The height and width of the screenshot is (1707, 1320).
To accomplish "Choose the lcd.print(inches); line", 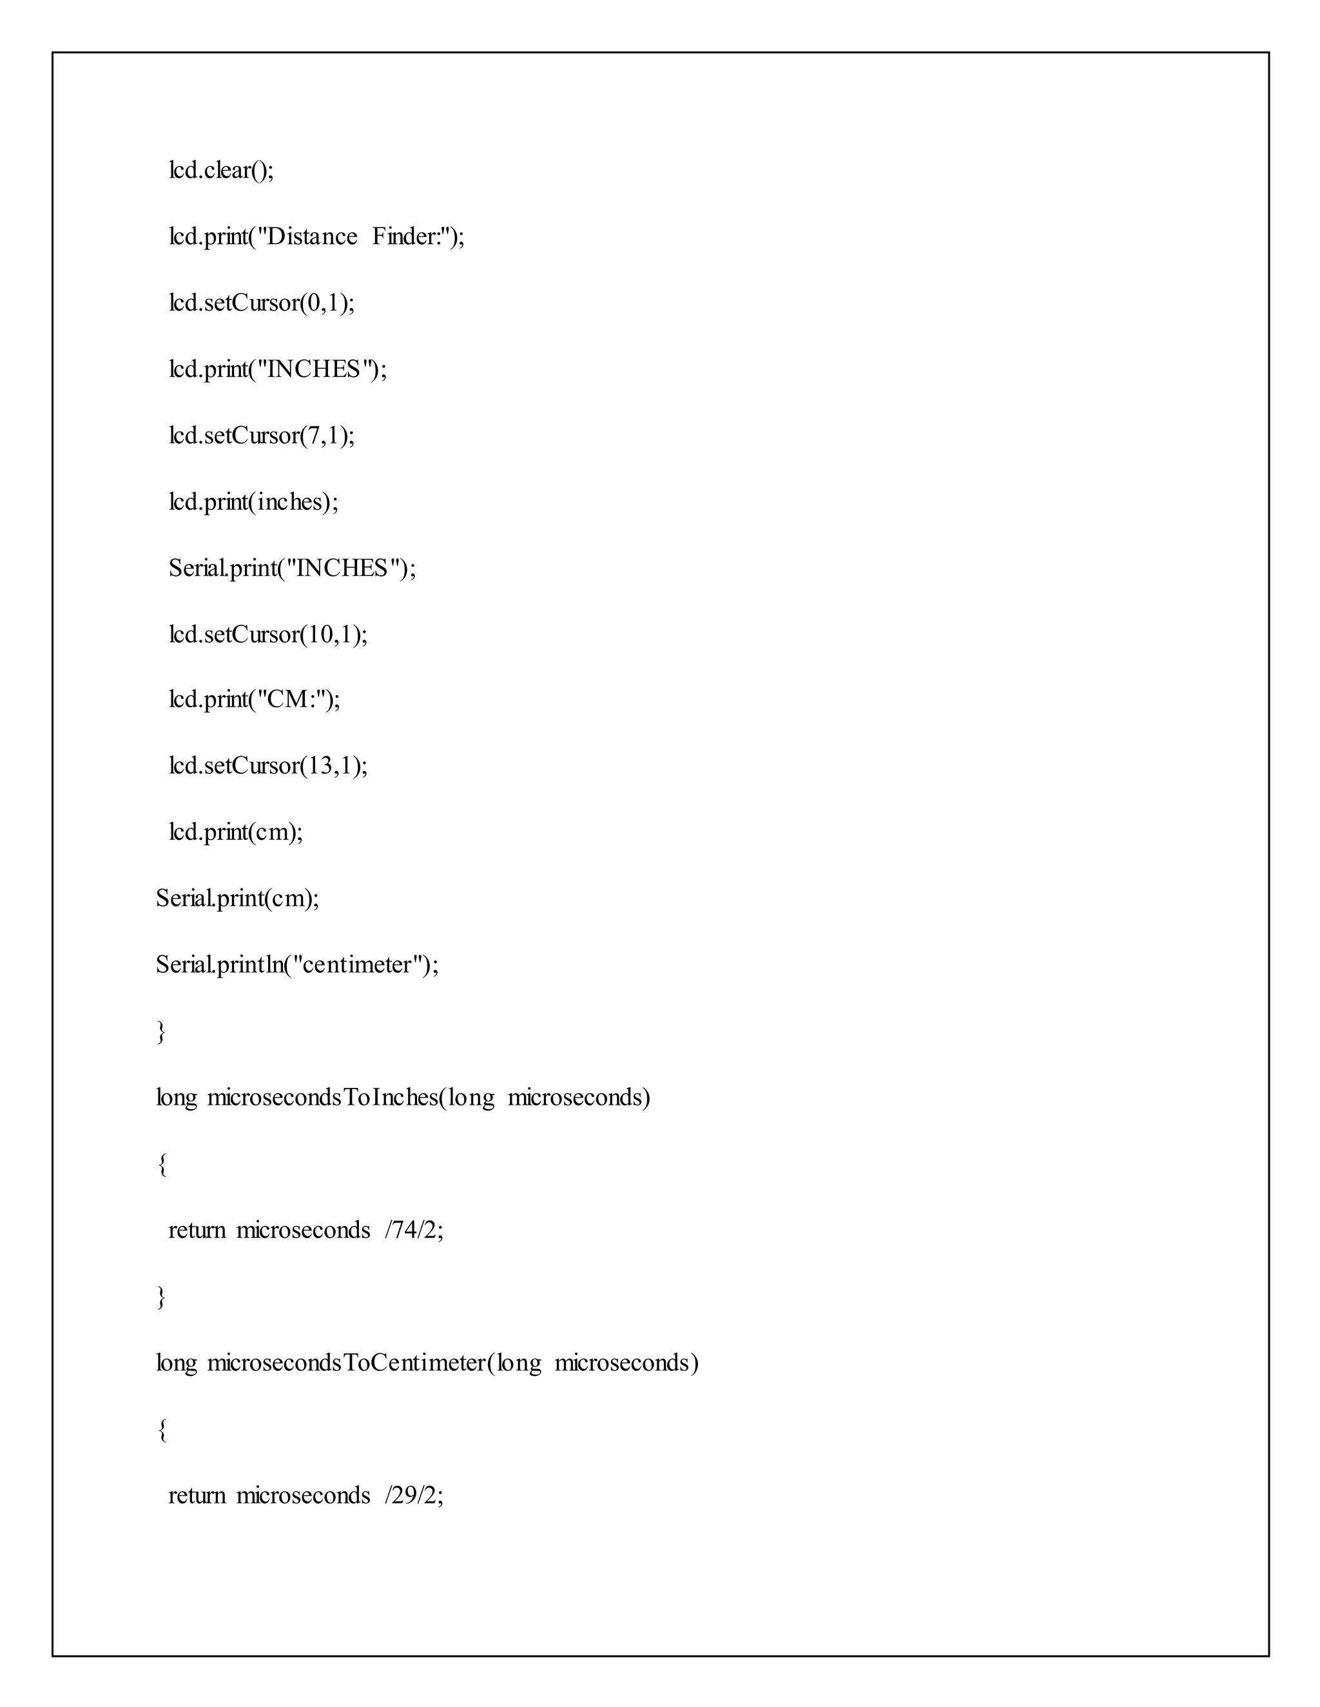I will pyautogui.click(x=253, y=501).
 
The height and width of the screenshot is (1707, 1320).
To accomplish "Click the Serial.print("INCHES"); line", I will pyautogui.click(x=293, y=567).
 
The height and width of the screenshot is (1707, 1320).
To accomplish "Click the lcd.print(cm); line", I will pyautogui.click(x=235, y=832).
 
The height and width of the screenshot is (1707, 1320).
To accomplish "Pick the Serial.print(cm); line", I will pyautogui.click(x=237, y=898).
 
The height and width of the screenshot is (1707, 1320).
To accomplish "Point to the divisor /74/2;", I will pyautogui.click(x=414, y=1230).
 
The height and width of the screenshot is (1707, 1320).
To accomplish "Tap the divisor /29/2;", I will pyautogui.click(x=414, y=1495).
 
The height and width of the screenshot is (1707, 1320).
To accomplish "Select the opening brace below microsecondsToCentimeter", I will pyautogui.click(x=162, y=1429).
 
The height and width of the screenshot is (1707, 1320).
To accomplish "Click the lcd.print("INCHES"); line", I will pyautogui.click(x=278, y=369).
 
